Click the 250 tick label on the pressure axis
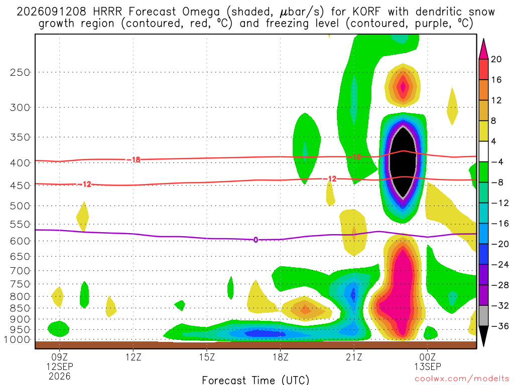pyautogui.click(x=20, y=72)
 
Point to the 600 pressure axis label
pyautogui.click(x=20, y=241)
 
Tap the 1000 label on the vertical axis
pyautogui.click(x=17, y=340)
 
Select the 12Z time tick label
pyautogui.click(x=133, y=357)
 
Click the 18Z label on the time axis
pyautogui.click(x=280, y=357)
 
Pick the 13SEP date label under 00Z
pyautogui.click(x=428, y=366)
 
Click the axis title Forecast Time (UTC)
pyautogui.click(x=255, y=380)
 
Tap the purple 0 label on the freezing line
pyautogui.click(x=255, y=240)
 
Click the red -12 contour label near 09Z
pyautogui.click(x=85, y=184)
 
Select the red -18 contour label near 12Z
pyautogui.click(x=134, y=160)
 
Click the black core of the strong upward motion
pyautogui.click(x=403, y=162)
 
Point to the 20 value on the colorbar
pyautogui.click(x=496, y=59)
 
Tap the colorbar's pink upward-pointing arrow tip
pyautogui.click(x=483, y=39)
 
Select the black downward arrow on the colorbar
pyautogui.click(x=483, y=335)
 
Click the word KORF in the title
pyautogui.click(x=366, y=12)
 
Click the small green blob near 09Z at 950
pyautogui.click(x=59, y=329)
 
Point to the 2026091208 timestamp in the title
pyautogui.click(x=52, y=12)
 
